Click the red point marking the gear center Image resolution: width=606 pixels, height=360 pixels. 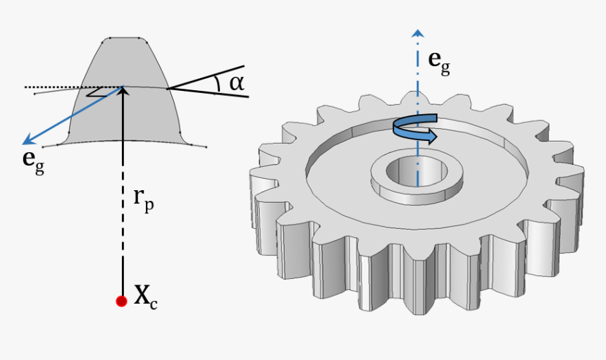coord(121,301)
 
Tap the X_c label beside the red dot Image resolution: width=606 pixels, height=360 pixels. coord(145,298)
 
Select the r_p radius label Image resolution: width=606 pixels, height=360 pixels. coord(144,199)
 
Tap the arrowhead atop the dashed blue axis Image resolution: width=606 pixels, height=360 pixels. coord(419,33)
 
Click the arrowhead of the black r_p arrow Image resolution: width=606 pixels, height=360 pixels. coord(123,92)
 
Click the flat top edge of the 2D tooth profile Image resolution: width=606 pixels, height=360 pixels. coord(125,38)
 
